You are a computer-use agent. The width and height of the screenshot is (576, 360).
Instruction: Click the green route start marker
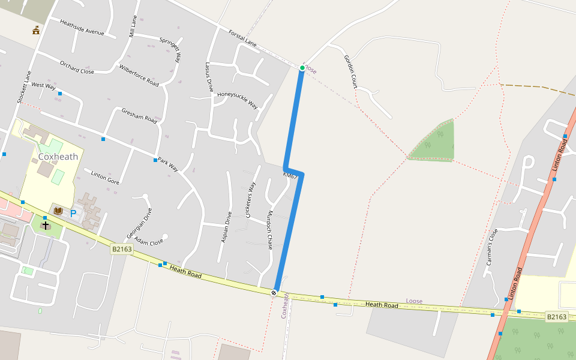tap(302, 68)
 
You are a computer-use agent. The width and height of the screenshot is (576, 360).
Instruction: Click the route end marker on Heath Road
tap(274, 293)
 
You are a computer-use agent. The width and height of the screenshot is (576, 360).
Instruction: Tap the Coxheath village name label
tap(58, 157)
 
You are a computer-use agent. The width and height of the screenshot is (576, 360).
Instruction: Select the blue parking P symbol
tap(73, 213)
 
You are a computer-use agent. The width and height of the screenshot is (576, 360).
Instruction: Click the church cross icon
tap(45, 225)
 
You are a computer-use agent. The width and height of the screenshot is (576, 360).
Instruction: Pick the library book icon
tap(58, 211)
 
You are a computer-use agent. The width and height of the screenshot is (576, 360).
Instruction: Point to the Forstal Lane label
tap(242, 37)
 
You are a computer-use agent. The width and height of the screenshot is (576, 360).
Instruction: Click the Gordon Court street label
tap(350, 72)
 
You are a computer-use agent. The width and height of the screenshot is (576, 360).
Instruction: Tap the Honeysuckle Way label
tap(237, 100)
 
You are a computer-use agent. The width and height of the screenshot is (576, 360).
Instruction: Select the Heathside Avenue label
tap(82, 27)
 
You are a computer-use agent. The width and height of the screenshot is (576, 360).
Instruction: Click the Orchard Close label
tap(77, 67)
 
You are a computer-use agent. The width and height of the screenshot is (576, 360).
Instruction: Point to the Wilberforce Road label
tap(139, 75)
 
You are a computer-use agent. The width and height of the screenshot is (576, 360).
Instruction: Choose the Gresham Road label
tap(139, 116)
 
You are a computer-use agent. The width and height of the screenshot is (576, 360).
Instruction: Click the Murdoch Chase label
tap(270, 230)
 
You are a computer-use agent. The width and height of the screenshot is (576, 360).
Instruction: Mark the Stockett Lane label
tap(24, 88)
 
